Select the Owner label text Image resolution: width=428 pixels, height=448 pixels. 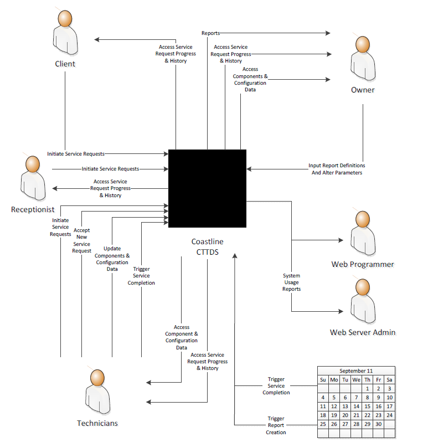point(363,90)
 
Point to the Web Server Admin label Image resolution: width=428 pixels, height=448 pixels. point(363,332)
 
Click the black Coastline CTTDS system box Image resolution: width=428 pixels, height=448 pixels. point(207,188)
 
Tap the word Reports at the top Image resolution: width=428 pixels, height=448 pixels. point(210,33)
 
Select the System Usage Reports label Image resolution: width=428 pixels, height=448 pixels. point(292,282)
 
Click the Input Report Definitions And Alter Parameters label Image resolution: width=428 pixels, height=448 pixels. point(337,169)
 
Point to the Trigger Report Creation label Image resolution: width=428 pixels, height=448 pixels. point(276,425)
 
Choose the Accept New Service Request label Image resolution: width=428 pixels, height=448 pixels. point(81,240)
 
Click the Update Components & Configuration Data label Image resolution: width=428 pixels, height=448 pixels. point(112,259)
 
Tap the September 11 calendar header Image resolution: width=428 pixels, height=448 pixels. point(356,370)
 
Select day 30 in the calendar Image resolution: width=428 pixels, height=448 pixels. point(378,424)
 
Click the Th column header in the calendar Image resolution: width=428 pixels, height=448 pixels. point(367,379)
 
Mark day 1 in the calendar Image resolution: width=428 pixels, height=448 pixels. point(367,389)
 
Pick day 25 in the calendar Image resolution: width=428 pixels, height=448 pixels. point(323,424)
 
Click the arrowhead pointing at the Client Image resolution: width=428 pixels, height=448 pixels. point(96,39)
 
